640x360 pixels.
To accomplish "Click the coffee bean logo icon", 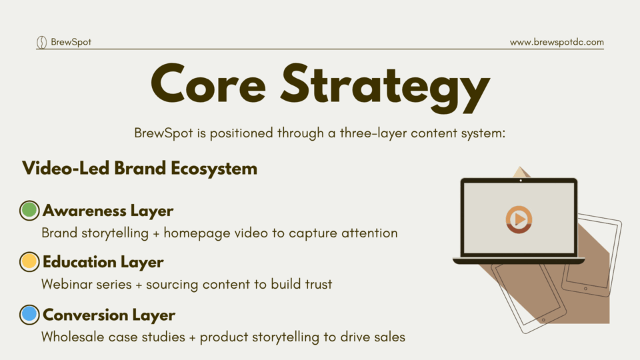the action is pos(41,42).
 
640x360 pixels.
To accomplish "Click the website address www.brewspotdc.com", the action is pos(557,42).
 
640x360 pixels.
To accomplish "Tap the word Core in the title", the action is pos(209,84).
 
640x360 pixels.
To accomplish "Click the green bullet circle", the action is pos(29,210).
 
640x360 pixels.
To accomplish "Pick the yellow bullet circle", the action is pos(29,261).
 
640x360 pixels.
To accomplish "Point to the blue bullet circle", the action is pos(29,314).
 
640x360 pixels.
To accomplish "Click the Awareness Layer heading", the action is pos(108,211).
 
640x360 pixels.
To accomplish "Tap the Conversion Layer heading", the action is pos(109,315).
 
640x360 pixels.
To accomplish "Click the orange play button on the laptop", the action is pos(519,219).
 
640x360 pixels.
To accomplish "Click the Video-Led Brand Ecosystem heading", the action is pos(139,169).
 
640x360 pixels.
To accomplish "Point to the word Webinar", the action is pos(66,284).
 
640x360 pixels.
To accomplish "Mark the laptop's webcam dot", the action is pos(521,181).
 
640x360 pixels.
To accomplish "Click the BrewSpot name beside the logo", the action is pos(71,42).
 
